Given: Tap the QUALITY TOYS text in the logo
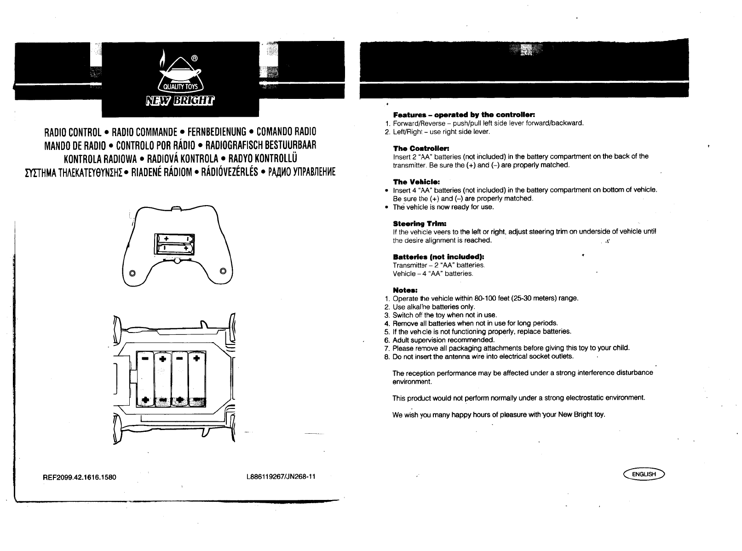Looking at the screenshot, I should [x=180, y=89].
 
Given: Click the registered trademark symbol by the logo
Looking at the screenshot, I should [x=195, y=58].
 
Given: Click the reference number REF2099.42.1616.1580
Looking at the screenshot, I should [x=80, y=477].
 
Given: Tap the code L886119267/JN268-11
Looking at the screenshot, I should [x=281, y=476].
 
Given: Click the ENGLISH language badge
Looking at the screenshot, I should [x=644, y=474].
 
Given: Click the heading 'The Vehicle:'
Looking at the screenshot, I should [x=416, y=182].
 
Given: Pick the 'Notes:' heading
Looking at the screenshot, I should [x=405, y=290].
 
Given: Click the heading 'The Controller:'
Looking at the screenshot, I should [x=420, y=148].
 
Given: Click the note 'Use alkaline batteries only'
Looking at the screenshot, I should [x=434, y=307].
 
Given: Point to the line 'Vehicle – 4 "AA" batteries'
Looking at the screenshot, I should [x=433, y=274].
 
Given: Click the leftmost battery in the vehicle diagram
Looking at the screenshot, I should [x=145, y=379].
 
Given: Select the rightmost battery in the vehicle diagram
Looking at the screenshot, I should [x=197, y=379].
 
